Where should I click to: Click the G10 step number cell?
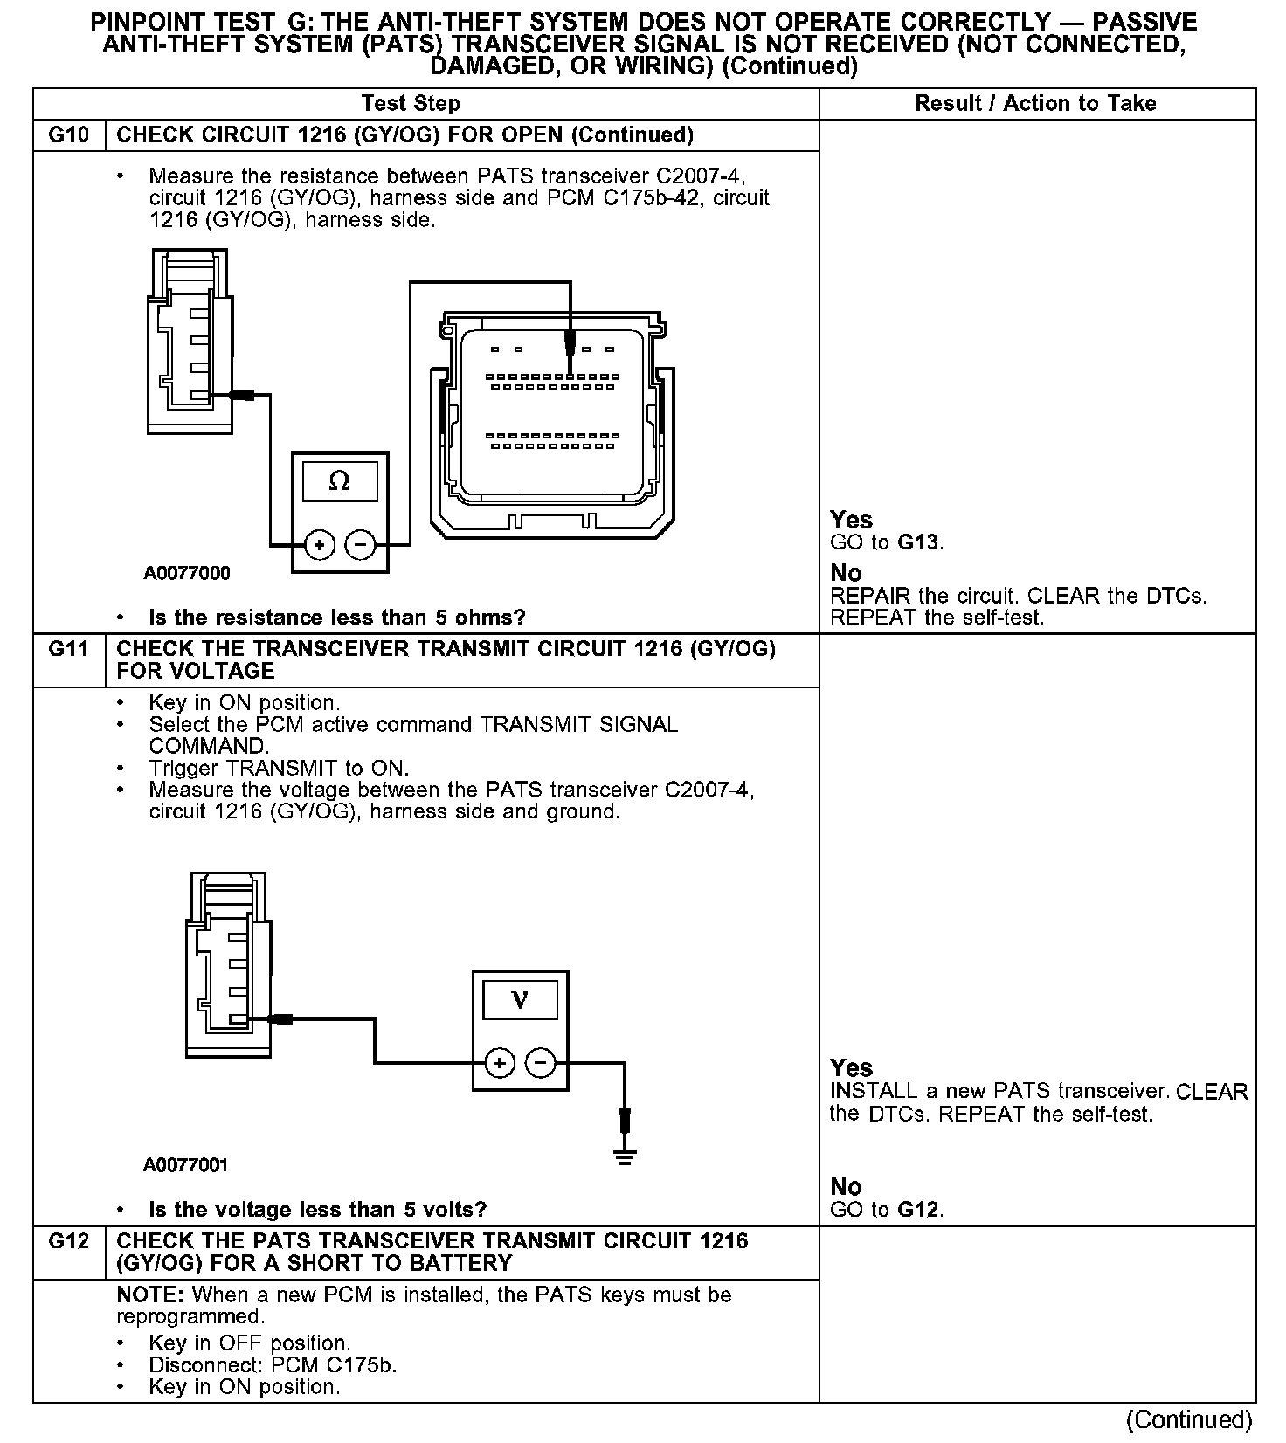69,135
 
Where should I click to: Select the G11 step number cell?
69,649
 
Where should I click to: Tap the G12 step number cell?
69,1241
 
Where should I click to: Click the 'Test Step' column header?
411,104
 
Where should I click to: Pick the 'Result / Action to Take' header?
1035,104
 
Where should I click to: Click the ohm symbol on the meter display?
339,481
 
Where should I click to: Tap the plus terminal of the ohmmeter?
320,546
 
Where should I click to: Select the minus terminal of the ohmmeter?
360,546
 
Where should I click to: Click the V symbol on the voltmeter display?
520,998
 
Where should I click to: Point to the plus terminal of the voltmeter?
500,1063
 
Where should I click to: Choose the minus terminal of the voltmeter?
541,1063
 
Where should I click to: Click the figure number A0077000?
187,573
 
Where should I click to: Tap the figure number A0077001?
186,1164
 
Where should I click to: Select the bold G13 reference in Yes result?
918,542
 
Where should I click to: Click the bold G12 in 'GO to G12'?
919,1210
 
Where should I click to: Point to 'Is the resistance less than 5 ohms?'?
337,618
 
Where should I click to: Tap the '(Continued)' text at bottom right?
1190,1420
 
